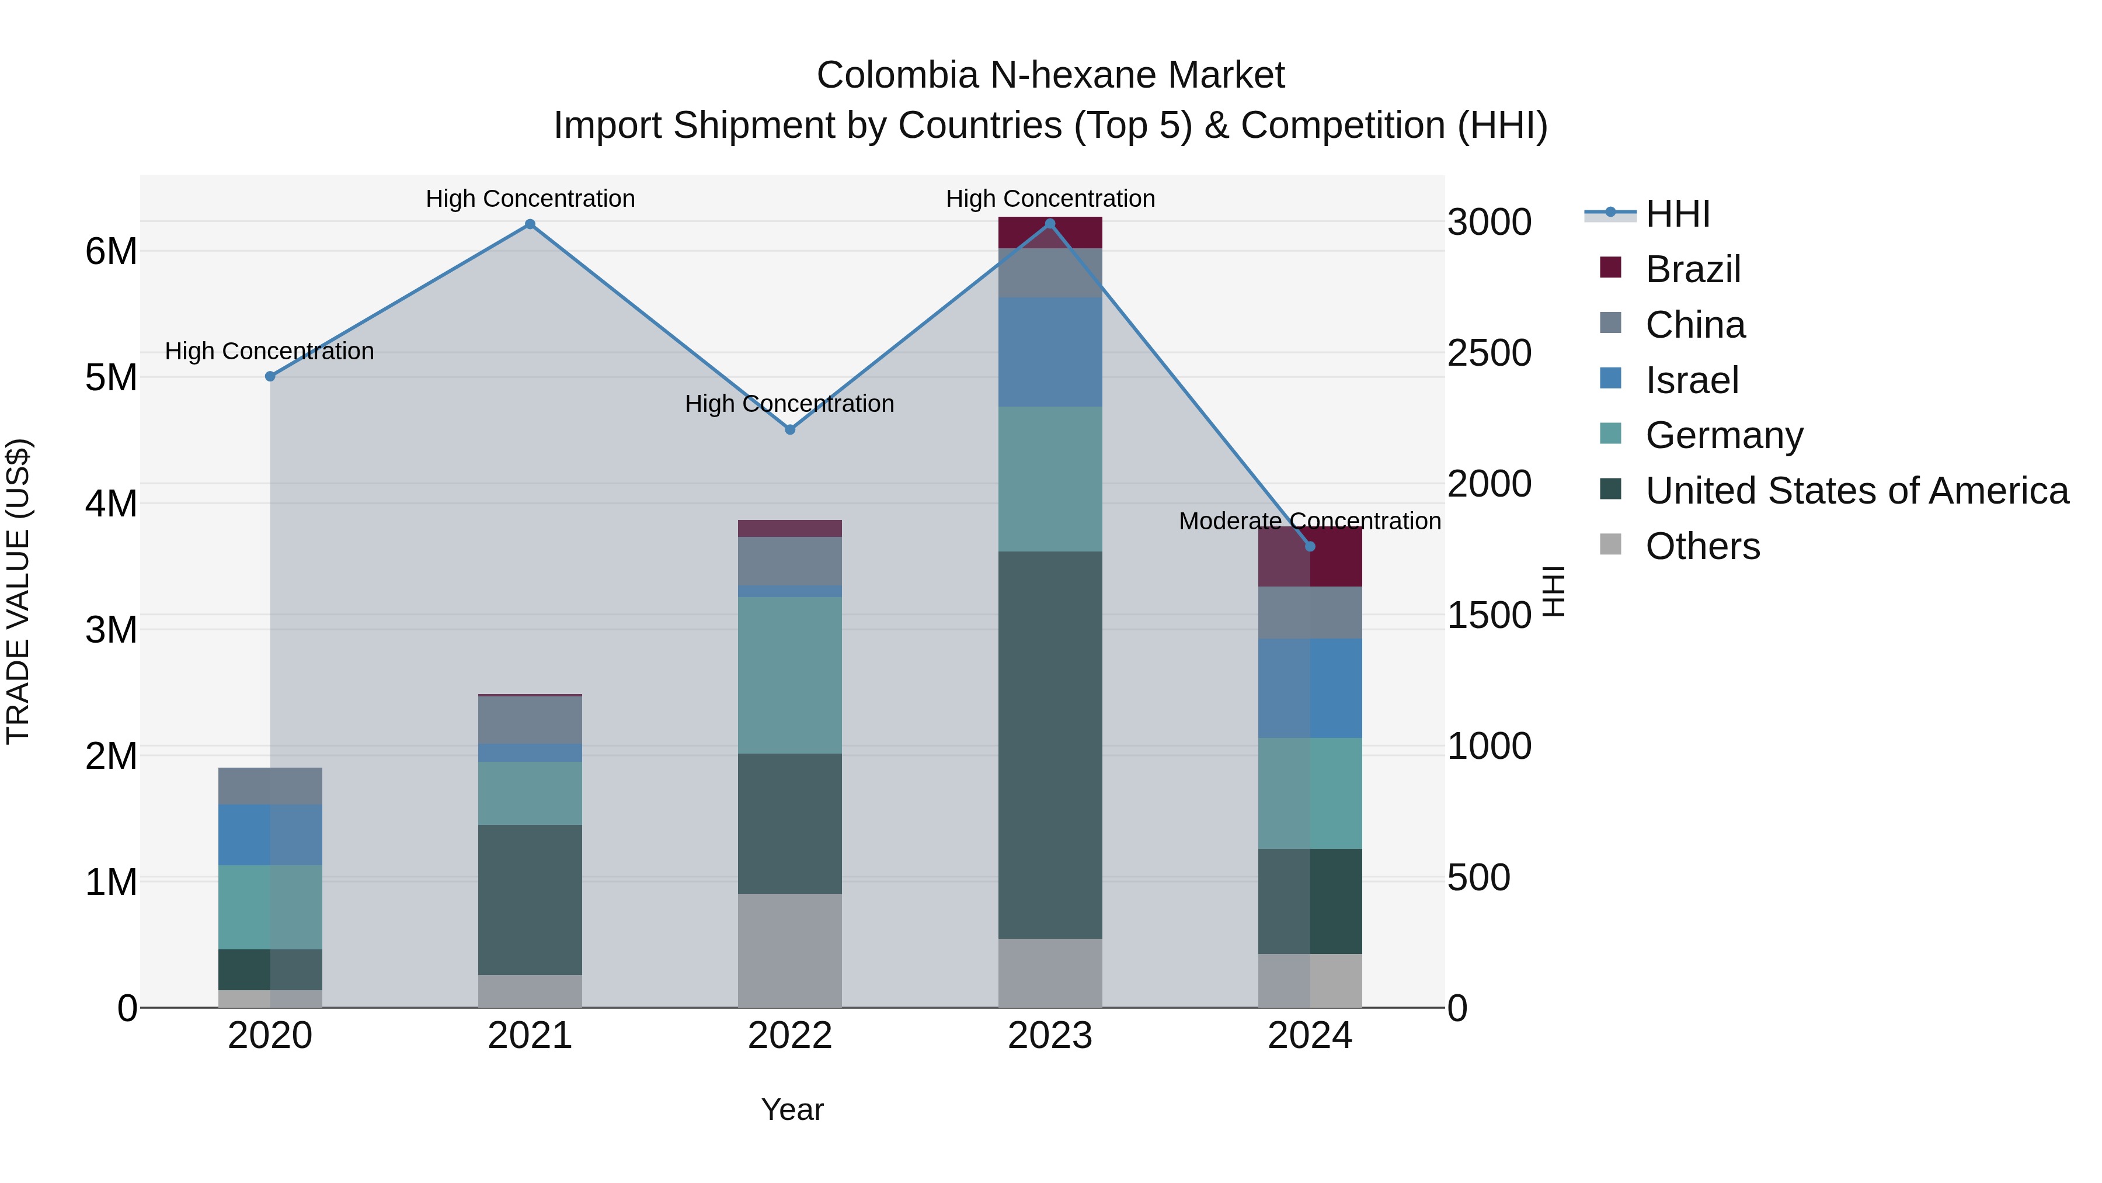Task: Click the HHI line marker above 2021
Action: (x=530, y=224)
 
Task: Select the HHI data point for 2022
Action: (x=790, y=429)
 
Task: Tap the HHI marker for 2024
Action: (x=1310, y=546)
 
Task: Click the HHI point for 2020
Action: (x=270, y=376)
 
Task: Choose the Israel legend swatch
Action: (x=1611, y=379)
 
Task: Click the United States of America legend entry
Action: (x=1856, y=491)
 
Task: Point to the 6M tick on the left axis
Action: (x=111, y=251)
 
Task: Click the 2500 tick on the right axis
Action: (x=1489, y=353)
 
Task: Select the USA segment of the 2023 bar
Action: (x=1050, y=745)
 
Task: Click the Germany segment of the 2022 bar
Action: (x=790, y=675)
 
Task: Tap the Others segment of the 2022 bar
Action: (x=790, y=950)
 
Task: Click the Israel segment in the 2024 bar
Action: (x=1310, y=688)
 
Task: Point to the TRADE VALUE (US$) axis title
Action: (x=19, y=591)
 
